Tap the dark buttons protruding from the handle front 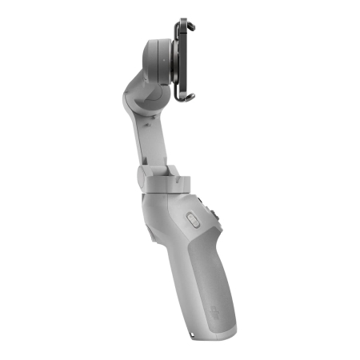[x=218, y=215]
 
